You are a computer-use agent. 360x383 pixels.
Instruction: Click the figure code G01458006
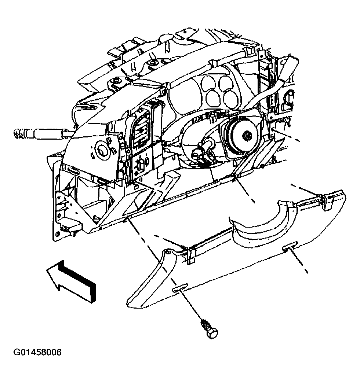(x=38, y=353)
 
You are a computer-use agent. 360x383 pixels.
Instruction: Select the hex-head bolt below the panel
(x=210, y=329)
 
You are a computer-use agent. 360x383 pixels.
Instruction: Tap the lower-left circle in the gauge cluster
(x=212, y=97)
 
